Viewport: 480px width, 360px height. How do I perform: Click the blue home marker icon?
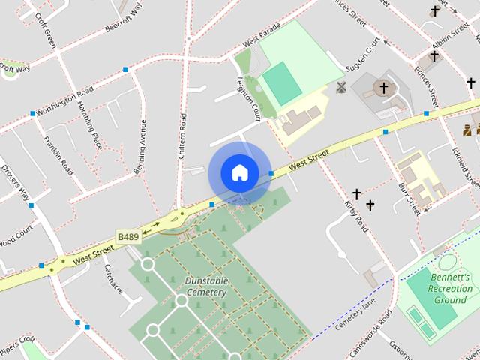tap(239, 172)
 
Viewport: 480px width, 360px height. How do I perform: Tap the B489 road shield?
tap(127, 236)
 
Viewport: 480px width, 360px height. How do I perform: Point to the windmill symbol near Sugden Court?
tap(342, 87)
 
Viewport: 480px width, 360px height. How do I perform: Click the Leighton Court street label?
tap(248, 99)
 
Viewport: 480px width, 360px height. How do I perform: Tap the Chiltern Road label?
tap(183, 135)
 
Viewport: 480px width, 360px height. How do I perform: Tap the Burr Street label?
tap(409, 198)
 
